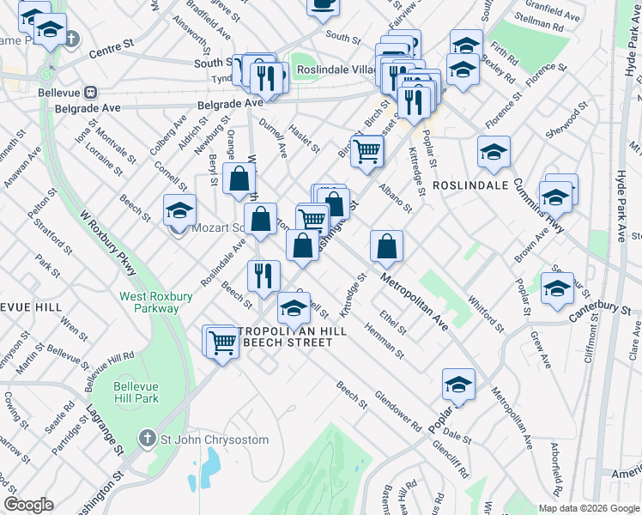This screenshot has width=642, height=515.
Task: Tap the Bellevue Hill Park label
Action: tap(136, 392)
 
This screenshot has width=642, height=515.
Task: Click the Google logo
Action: tap(28, 505)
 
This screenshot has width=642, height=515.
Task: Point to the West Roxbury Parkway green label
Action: tap(149, 302)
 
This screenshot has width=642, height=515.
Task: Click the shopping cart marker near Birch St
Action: tap(367, 152)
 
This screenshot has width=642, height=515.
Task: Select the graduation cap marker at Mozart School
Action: tap(179, 210)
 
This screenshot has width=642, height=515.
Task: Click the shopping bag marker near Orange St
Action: tap(239, 179)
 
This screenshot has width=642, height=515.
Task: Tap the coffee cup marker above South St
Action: tap(323, 4)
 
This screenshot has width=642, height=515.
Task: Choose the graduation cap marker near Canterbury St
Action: tap(557, 288)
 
